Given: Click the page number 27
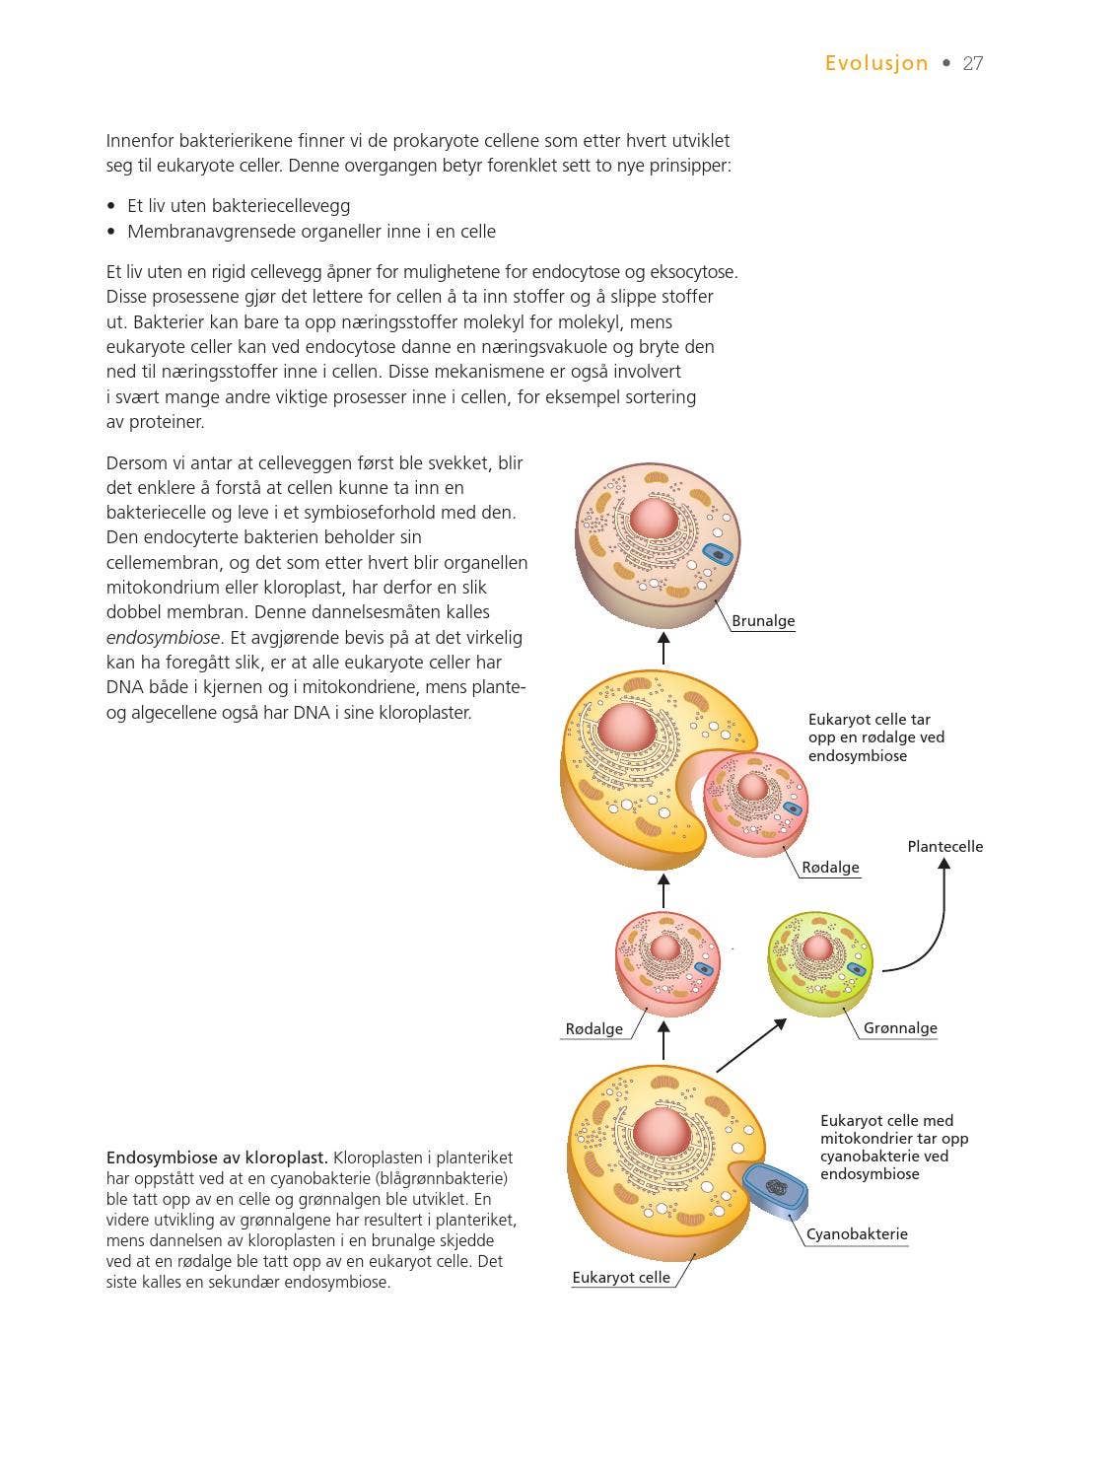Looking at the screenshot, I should (x=972, y=63).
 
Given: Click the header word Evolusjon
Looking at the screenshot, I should (x=876, y=63).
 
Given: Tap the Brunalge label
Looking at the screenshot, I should (x=763, y=621).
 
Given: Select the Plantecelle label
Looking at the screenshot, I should (x=944, y=846).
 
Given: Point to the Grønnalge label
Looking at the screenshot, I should (x=899, y=1028).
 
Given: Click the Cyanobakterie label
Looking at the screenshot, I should (x=857, y=1234).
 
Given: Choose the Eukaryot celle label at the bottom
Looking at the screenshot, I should (x=621, y=1278).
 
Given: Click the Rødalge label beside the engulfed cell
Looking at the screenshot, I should (x=830, y=868).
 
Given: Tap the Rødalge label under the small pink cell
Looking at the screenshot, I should (x=593, y=1029).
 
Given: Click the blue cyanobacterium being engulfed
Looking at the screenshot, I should (x=775, y=1188).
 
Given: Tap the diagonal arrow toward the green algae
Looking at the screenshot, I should (x=751, y=1045).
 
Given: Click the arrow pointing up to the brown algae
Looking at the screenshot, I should (x=663, y=649).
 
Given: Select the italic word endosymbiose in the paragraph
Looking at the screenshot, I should (x=163, y=638).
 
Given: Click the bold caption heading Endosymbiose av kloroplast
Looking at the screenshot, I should (x=217, y=1157).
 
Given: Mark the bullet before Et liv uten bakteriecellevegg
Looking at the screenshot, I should (x=112, y=207).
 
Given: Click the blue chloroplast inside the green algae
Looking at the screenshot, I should (x=856, y=968).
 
